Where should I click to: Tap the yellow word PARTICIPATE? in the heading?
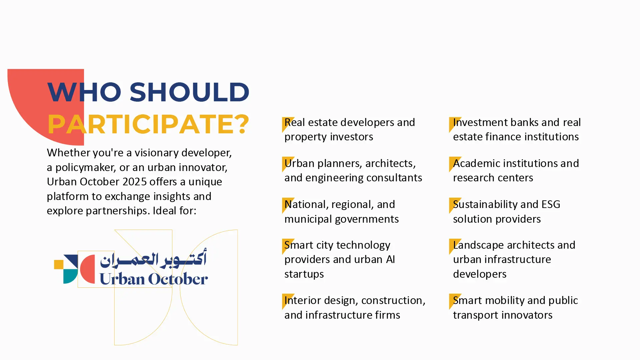[x=148, y=124]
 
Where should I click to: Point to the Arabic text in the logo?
[x=153, y=259]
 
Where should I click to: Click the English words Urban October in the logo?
[x=154, y=279]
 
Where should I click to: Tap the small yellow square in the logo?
[x=59, y=264]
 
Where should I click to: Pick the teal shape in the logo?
[x=70, y=276]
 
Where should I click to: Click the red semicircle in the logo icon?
[x=88, y=269]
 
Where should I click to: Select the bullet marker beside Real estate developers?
[x=287, y=124]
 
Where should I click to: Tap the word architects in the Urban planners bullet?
[x=390, y=164]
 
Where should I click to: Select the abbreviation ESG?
[x=551, y=204]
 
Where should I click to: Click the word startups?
[x=304, y=274]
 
